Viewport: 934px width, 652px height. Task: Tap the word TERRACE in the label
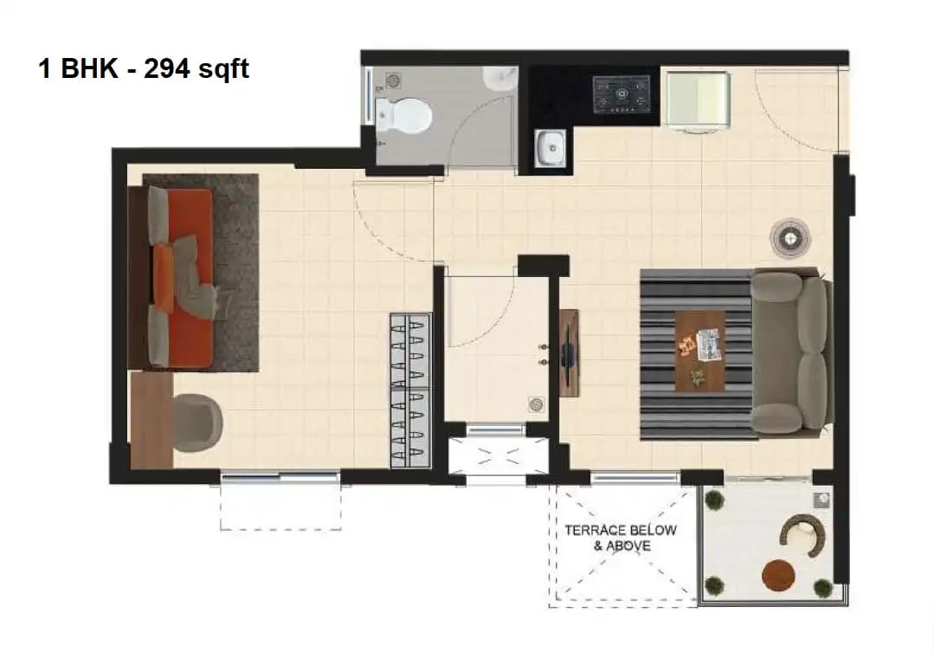(x=596, y=530)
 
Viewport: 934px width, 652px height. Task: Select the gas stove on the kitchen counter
(x=621, y=94)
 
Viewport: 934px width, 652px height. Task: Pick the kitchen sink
(x=550, y=148)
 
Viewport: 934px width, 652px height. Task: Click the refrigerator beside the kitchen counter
(x=698, y=102)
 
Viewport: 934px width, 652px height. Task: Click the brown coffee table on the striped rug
(x=700, y=350)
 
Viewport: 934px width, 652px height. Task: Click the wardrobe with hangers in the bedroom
(x=410, y=391)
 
